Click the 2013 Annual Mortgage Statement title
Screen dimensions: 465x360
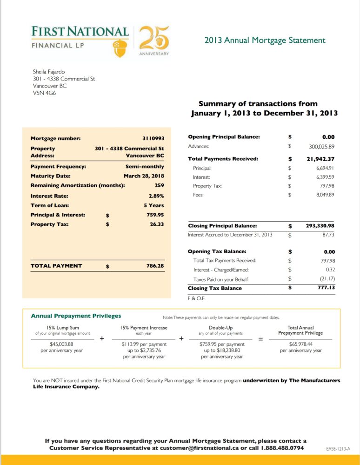coord(265,40)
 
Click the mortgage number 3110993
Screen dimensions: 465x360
coord(153,138)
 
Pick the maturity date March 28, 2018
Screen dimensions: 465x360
coord(144,176)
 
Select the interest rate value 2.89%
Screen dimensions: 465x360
coord(156,196)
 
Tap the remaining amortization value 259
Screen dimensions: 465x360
coord(159,185)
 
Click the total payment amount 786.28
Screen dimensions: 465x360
coord(155,266)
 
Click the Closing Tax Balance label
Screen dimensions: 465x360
coord(214,288)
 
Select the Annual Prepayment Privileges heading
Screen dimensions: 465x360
coord(76,316)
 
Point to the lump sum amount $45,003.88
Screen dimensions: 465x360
coord(62,344)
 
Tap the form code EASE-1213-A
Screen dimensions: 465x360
coord(339,448)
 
